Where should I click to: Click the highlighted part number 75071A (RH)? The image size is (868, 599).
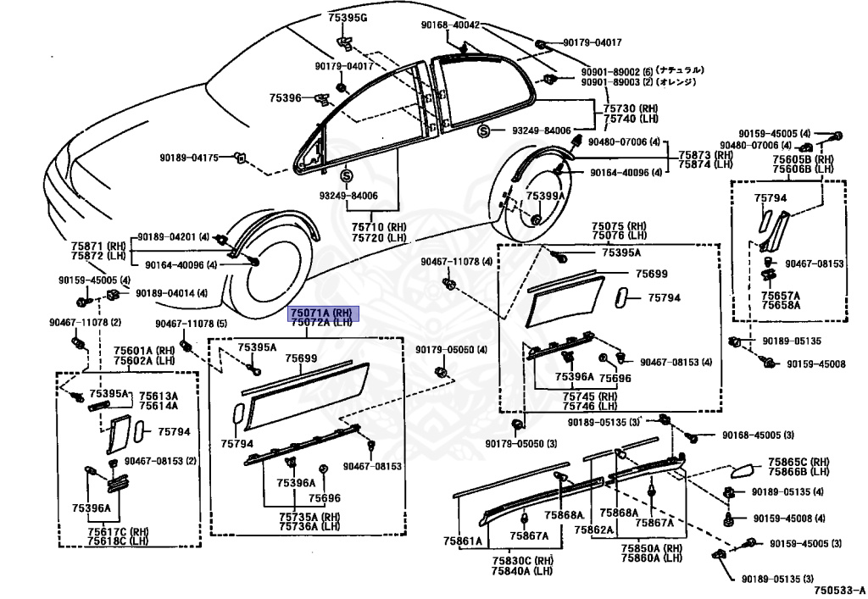pyautogui.click(x=323, y=312)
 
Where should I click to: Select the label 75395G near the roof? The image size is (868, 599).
pyautogui.click(x=348, y=18)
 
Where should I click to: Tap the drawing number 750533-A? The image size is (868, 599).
pyautogui.click(x=836, y=590)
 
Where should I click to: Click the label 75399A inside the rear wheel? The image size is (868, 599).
pyautogui.click(x=544, y=196)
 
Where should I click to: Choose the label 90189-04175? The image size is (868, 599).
pyautogui.click(x=188, y=158)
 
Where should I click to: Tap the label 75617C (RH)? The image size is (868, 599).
pyautogui.click(x=118, y=531)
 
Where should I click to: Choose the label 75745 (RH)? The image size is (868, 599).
pyautogui.click(x=585, y=397)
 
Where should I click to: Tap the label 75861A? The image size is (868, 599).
pyautogui.click(x=462, y=541)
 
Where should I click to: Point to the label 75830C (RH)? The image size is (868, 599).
pyautogui.click(x=522, y=560)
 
